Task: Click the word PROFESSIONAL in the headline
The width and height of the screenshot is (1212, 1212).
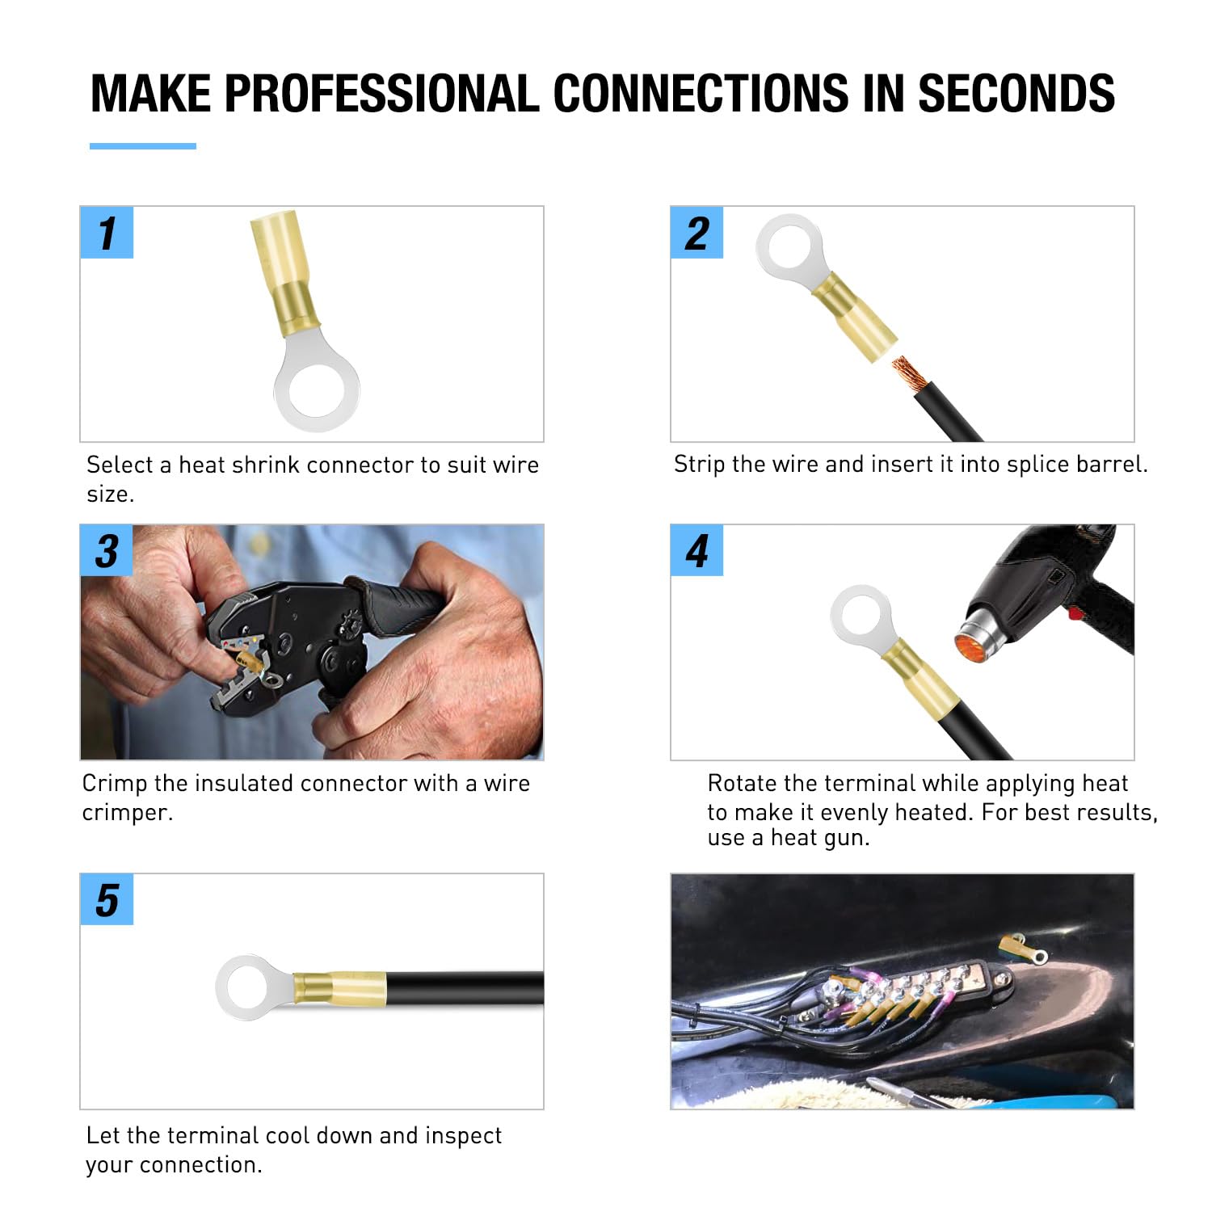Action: [x=381, y=93]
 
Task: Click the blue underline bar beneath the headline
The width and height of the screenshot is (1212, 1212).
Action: [x=143, y=146]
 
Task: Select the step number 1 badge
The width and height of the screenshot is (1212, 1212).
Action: [x=107, y=233]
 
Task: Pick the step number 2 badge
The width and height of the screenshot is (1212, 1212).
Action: [x=696, y=233]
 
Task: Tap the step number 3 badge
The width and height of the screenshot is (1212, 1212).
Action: [x=107, y=551]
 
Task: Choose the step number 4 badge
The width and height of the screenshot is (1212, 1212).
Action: [x=696, y=551]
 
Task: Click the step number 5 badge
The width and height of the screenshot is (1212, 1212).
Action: [x=107, y=899]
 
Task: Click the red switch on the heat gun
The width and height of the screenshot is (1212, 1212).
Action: [x=1075, y=613]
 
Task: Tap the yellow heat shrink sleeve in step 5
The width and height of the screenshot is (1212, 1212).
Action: [x=339, y=988]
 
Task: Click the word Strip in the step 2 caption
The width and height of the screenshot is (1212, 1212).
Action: [x=699, y=465]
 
